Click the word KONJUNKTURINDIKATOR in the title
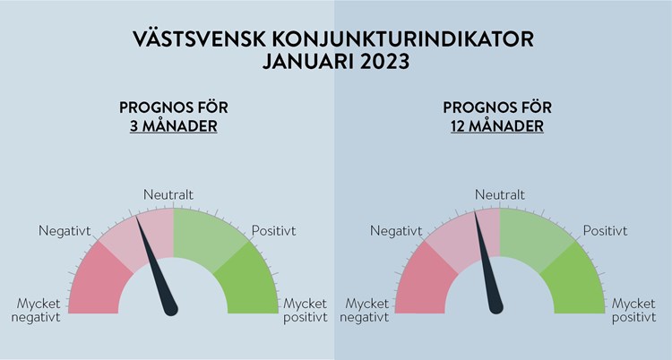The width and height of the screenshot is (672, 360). click(402, 39)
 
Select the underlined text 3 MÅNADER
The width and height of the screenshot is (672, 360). click(174, 125)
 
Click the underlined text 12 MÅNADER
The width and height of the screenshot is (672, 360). click(497, 125)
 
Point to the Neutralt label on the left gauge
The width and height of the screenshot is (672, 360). click(168, 194)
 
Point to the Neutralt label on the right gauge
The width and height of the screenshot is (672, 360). click(500, 194)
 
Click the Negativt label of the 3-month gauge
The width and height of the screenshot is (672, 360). click(65, 231)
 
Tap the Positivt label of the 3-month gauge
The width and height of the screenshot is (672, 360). click(273, 230)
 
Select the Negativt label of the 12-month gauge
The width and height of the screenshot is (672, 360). click(396, 231)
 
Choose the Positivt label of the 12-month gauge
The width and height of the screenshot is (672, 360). click(605, 230)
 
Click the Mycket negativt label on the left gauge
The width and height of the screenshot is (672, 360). click(36, 310)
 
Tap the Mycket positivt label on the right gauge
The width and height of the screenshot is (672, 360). click(633, 310)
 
